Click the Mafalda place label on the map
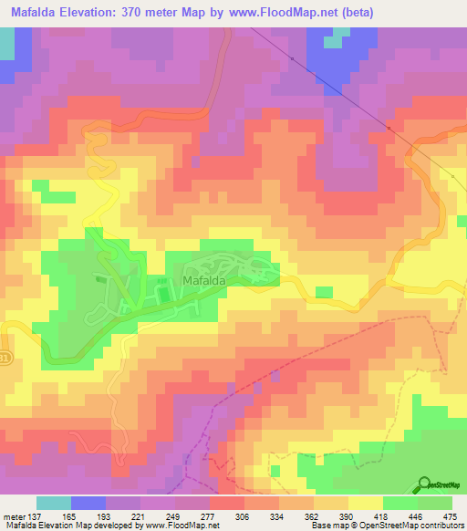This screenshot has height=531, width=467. pyautogui.click(x=203, y=282)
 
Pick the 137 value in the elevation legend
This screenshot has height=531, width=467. pyautogui.click(x=36, y=515)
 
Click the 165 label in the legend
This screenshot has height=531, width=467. pyautogui.click(x=67, y=515)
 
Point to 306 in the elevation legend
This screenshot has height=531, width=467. pyautogui.click(x=241, y=515)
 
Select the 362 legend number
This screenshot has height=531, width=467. pyautogui.click(x=310, y=515)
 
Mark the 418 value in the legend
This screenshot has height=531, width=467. pyautogui.click(x=379, y=515)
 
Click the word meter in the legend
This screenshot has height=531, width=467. pyautogui.click(x=14, y=515)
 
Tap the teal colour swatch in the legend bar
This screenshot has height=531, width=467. pyautogui.click(x=54, y=503)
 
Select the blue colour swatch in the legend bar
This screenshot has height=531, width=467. pyautogui.click(x=88, y=503)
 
